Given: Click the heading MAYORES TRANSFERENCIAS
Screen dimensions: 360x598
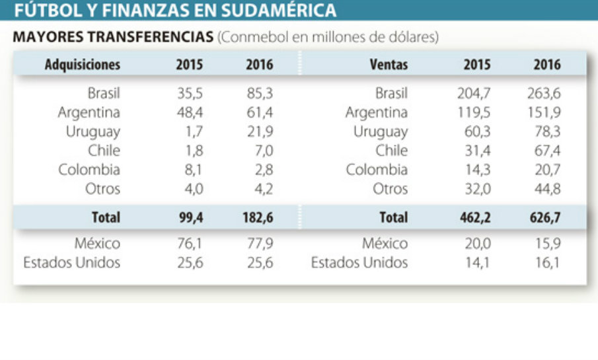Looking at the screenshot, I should click(113, 38).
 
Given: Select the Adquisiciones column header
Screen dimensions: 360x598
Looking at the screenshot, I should click(83, 65).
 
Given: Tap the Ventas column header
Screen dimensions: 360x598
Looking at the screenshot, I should click(389, 65).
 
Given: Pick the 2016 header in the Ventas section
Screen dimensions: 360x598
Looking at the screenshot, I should click(546, 65).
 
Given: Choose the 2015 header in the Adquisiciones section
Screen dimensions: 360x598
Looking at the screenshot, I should click(190, 65).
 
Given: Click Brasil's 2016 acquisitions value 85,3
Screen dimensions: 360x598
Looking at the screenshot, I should click(259, 93).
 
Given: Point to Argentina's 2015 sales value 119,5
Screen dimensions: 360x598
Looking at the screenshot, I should click(476, 112).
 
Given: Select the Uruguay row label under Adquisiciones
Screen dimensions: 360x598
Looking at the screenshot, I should click(93, 131).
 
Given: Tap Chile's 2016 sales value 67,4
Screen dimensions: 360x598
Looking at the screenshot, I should click(546, 151).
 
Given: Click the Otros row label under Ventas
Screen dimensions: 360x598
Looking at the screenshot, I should click(391, 189).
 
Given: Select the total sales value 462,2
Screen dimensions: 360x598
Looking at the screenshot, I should click(476, 217).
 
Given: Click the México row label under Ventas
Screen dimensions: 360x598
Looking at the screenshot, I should click(385, 244).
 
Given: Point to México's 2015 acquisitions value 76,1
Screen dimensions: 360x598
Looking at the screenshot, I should click(190, 244).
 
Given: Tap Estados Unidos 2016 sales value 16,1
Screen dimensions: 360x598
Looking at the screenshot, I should click(548, 263).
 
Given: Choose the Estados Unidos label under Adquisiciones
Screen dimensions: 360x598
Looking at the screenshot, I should click(72, 263).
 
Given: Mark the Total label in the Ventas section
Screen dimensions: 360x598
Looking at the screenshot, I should click(394, 217).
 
